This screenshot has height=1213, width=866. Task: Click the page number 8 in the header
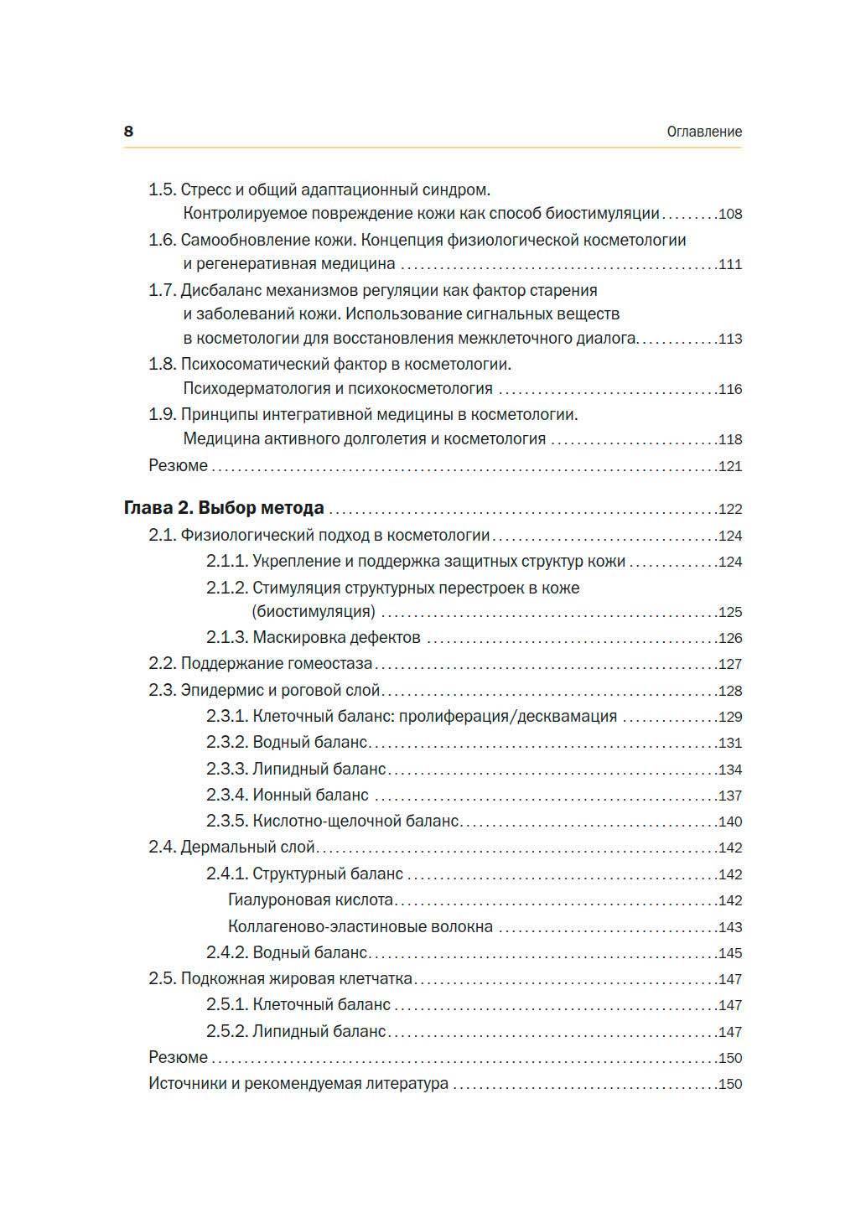(x=128, y=132)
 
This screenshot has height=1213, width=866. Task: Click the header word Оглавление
(x=704, y=132)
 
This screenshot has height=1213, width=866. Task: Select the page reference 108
(x=730, y=214)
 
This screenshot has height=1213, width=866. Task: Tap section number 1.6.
(x=162, y=241)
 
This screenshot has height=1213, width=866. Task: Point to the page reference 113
(x=730, y=340)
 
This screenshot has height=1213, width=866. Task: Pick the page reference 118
(x=730, y=439)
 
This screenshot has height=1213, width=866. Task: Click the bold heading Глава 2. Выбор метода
(x=224, y=508)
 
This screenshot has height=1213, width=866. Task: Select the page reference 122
(x=730, y=510)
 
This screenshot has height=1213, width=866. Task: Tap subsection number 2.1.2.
(x=226, y=588)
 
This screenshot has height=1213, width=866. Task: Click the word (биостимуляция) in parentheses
(x=314, y=611)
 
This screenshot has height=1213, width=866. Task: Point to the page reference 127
(x=730, y=665)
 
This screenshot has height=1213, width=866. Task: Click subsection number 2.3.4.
(x=226, y=795)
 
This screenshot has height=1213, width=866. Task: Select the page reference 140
(x=730, y=822)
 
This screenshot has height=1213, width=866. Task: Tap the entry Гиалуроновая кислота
(x=310, y=900)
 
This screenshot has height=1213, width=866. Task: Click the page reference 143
(x=730, y=927)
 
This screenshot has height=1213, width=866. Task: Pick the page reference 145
(x=730, y=954)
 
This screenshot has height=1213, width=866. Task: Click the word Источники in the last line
(x=187, y=1084)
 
